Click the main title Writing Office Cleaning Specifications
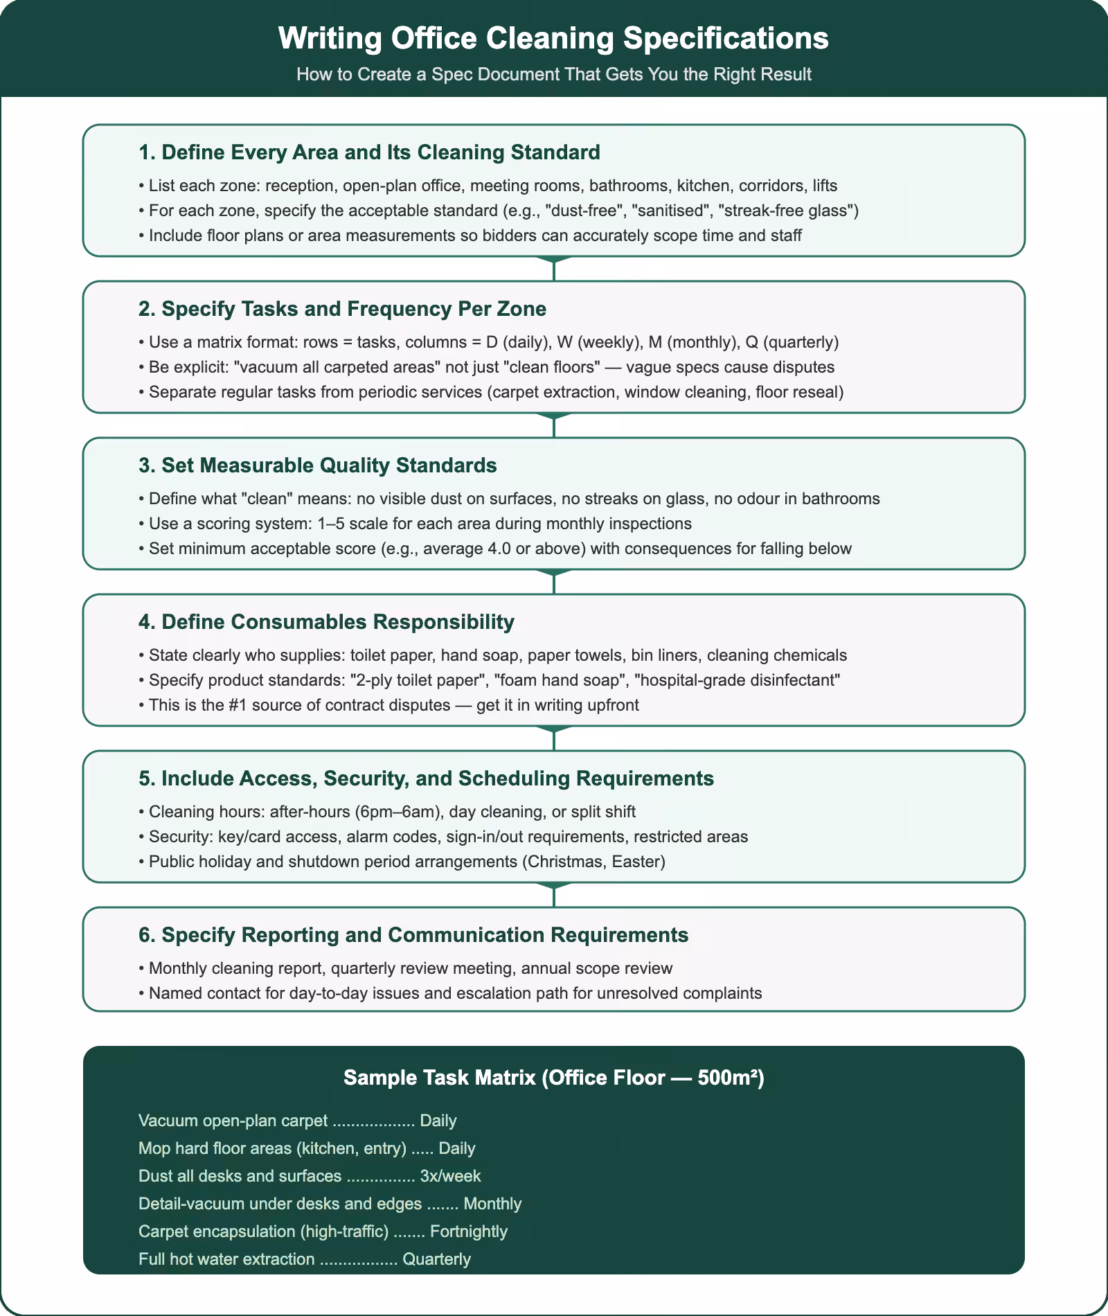coord(553,39)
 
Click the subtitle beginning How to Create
coord(553,74)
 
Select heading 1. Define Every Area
coord(369,152)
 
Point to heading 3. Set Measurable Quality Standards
coord(317,465)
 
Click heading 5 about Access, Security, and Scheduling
coord(426,779)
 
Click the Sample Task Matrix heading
coord(553,1078)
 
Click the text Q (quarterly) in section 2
coord(792,342)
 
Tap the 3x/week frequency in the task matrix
coord(450,1176)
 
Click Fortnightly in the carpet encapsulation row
coord(468,1231)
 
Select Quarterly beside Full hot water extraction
coord(436,1259)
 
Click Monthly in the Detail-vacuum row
coord(492,1204)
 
